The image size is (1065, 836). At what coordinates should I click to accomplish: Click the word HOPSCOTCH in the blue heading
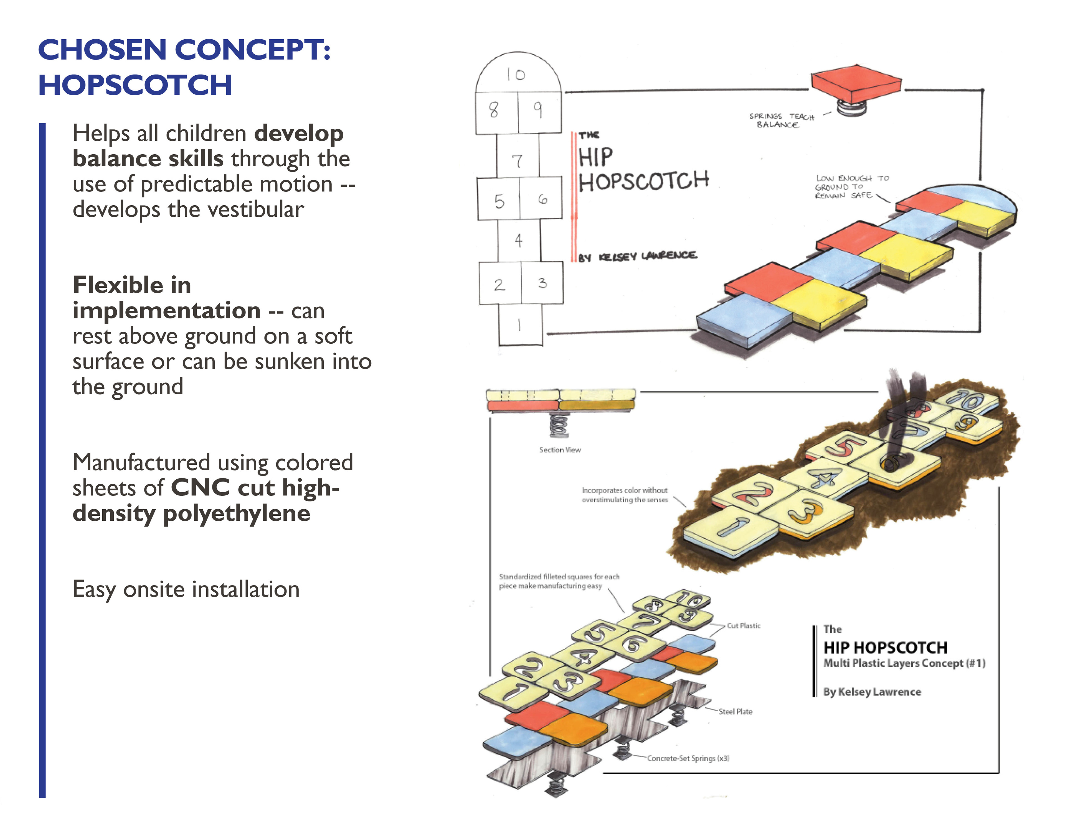tap(135, 85)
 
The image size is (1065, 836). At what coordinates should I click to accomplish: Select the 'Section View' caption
tap(560, 449)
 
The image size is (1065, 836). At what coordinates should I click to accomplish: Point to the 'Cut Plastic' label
tap(743, 625)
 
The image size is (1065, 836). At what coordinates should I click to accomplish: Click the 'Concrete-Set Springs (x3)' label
tap(688, 758)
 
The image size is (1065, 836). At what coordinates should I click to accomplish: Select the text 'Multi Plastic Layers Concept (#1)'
tap(904, 663)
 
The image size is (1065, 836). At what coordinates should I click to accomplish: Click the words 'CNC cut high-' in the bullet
tap(255, 487)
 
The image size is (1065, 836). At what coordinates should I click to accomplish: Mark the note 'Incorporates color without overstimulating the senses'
tap(625, 495)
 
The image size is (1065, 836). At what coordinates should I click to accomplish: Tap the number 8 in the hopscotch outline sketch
tap(494, 110)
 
